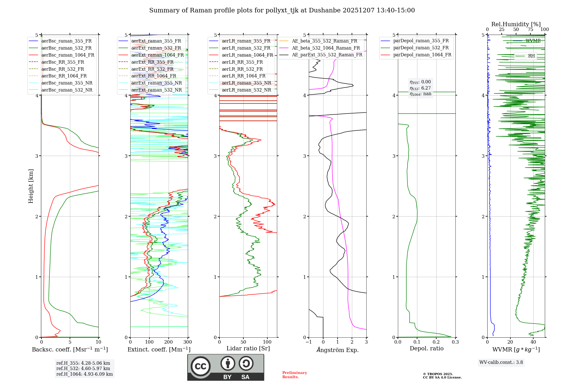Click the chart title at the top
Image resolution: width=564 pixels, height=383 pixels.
pos(282,10)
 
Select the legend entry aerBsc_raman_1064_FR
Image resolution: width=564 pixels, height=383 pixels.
pos(68,55)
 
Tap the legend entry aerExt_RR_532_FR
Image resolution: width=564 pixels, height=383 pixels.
pos(152,69)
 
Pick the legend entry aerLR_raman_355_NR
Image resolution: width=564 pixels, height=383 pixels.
pos(246,83)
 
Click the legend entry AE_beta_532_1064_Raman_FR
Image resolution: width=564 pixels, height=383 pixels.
pos(326,48)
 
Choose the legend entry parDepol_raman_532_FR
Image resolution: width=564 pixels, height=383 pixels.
pos(421,48)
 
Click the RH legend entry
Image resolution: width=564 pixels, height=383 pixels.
pos(531,56)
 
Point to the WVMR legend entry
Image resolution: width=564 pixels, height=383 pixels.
pos(533,41)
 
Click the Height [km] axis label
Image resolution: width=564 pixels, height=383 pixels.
pos(31,186)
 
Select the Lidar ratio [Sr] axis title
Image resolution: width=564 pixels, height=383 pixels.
pos(248,348)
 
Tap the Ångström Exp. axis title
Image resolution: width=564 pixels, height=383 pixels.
pos(338,350)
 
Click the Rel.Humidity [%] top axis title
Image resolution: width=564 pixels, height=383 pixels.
pos(516,24)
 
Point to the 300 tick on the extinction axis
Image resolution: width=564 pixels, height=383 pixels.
pos(188,342)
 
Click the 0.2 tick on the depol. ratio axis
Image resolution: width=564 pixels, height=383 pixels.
pos(436,342)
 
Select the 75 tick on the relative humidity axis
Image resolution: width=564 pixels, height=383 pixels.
pos(530,30)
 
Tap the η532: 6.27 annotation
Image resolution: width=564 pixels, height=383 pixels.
pos(420,88)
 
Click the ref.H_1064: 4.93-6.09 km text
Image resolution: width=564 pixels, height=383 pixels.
pos(85,374)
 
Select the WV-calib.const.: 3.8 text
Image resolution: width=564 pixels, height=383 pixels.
pos(501,362)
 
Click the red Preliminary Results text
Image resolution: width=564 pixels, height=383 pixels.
pos(294,375)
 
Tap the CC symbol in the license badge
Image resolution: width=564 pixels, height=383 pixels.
pos(201,366)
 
